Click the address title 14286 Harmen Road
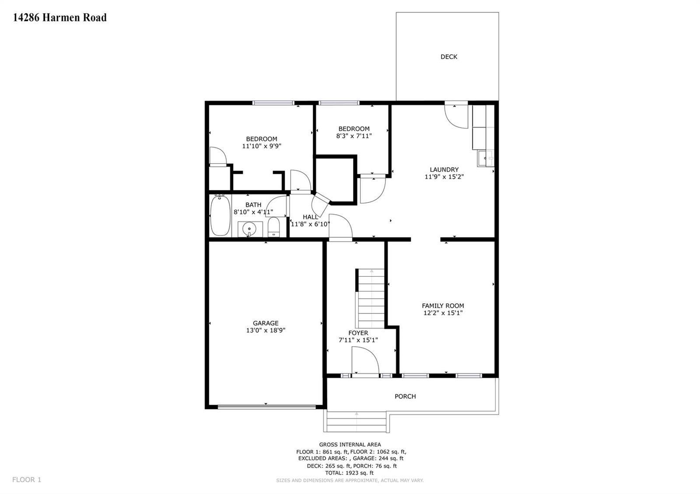click(x=59, y=17)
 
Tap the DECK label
click(x=449, y=57)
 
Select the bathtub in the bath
click(x=220, y=216)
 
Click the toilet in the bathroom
click(x=274, y=227)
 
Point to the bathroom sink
click(x=249, y=229)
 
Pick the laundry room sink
click(x=485, y=158)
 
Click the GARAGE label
click(x=266, y=323)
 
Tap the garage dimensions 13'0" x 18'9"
click(x=266, y=330)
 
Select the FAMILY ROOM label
click(x=443, y=306)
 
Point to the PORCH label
click(x=405, y=397)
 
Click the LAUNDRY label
click(x=444, y=170)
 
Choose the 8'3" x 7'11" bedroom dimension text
click(x=354, y=136)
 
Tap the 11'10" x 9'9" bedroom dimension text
click(x=262, y=146)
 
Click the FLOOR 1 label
click(x=27, y=480)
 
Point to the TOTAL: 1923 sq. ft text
click(x=350, y=473)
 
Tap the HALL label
click(x=310, y=217)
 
